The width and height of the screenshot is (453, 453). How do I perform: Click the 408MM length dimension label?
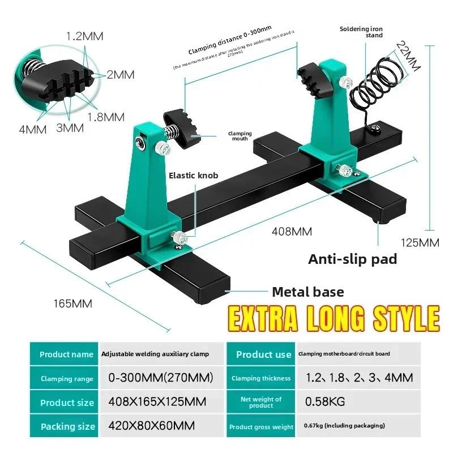point(292,231)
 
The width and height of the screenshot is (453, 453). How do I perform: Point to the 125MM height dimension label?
point(420,243)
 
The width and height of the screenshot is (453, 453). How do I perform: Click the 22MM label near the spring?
point(407,57)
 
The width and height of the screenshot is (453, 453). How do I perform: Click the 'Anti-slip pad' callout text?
point(352,259)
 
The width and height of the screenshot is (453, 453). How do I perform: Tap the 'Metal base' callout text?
point(308,292)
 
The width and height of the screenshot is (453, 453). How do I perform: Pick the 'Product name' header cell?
point(66,354)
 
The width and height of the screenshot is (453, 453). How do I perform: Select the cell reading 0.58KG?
point(325,402)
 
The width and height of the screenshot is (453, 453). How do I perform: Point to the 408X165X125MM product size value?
point(157,402)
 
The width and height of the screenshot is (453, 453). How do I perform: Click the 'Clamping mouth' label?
point(240,136)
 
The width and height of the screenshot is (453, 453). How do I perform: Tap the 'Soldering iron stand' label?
point(361,32)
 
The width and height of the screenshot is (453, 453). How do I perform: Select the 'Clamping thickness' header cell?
point(261,378)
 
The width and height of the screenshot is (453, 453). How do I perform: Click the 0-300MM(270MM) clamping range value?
point(160,378)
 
